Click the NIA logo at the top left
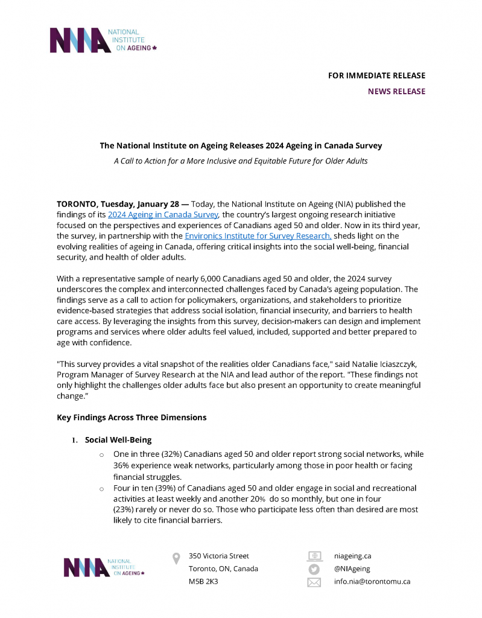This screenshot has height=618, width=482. (x=103, y=40)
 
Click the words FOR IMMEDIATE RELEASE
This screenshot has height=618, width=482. (x=376, y=75)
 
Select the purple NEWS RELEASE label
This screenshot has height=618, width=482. (x=396, y=92)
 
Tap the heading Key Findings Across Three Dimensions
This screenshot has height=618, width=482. (x=132, y=417)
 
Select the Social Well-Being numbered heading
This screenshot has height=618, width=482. (x=118, y=440)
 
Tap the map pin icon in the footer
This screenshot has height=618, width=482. (x=176, y=558)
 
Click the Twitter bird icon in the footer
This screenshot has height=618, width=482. (x=314, y=569)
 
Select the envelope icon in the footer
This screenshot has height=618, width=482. (x=314, y=582)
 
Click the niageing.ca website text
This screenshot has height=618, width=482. (x=352, y=556)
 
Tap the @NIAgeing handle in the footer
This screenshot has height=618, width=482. (x=352, y=569)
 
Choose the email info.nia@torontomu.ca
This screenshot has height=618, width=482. (x=372, y=582)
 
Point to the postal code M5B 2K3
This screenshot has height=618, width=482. (x=203, y=582)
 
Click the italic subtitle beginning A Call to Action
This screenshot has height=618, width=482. (x=241, y=161)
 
